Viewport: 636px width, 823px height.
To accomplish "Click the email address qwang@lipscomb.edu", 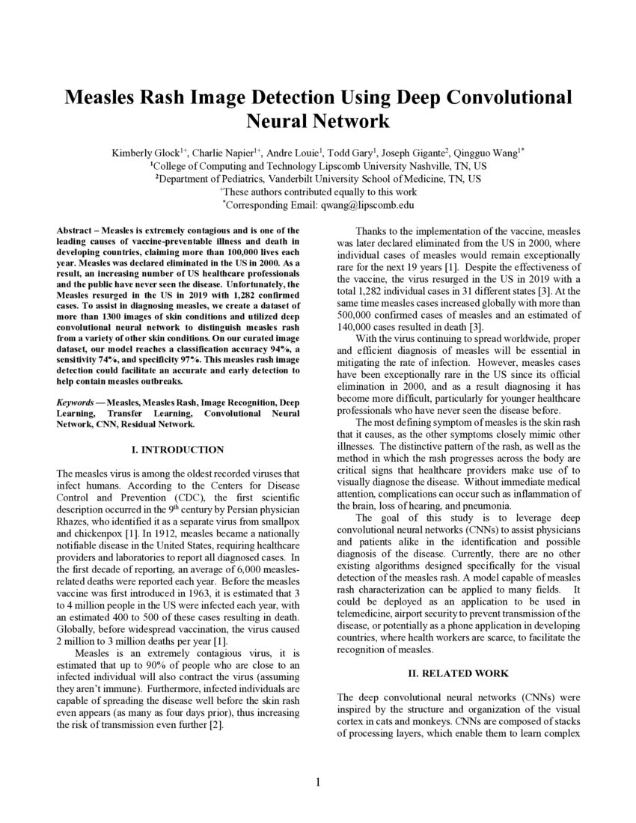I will tap(367, 204).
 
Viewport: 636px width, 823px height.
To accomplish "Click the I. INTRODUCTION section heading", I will tap(178, 450).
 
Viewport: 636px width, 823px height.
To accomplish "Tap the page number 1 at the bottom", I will tap(318, 783).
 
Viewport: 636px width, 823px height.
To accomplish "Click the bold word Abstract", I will tap(76, 230).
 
